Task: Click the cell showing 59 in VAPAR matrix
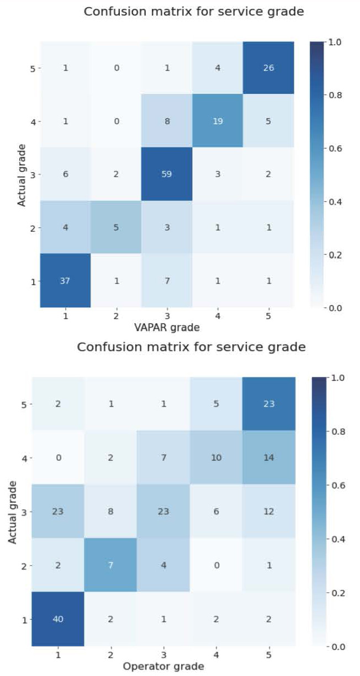[x=167, y=174]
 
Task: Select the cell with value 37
[x=66, y=281]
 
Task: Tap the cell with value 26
[x=268, y=68]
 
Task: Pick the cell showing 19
[x=218, y=121]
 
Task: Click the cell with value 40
[x=58, y=619]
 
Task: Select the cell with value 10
[x=216, y=457]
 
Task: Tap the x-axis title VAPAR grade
[x=167, y=327]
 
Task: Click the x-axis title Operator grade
[x=163, y=666]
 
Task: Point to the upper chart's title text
[x=194, y=11]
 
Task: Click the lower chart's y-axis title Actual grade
[x=13, y=512]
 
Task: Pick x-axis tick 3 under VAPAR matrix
[x=167, y=316]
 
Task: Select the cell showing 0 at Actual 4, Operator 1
[x=58, y=457]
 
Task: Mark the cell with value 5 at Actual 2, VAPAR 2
[x=116, y=228]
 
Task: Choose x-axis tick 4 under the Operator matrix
[x=216, y=654]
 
